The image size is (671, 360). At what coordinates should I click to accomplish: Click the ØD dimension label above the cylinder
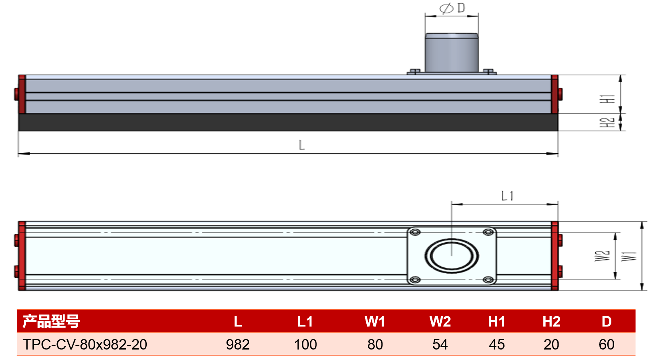click(x=452, y=8)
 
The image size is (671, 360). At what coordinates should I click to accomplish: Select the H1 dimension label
click(x=607, y=99)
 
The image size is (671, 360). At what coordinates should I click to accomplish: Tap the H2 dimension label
click(x=607, y=122)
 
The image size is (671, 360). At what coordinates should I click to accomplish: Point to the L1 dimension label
click(x=507, y=196)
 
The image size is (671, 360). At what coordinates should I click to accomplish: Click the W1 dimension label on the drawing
click(x=629, y=256)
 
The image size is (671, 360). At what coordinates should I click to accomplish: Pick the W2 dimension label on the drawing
click(x=602, y=256)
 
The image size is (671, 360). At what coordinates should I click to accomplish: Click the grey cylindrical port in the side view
click(x=451, y=52)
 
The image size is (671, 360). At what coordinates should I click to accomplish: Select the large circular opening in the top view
click(x=451, y=256)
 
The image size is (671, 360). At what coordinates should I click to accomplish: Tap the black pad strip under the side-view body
click(x=288, y=122)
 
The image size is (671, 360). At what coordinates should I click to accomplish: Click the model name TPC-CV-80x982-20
click(x=85, y=344)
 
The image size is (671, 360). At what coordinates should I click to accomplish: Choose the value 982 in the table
click(x=237, y=344)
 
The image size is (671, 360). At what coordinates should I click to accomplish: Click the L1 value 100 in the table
click(x=305, y=344)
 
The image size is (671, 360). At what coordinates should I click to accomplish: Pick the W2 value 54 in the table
click(x=440, y=344)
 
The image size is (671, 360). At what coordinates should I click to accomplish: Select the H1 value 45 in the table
click(x=496, y=344)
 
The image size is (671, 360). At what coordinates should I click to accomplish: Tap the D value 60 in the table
click(x=606, y=344)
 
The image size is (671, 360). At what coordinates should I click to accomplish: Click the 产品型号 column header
click(x=51, y=321)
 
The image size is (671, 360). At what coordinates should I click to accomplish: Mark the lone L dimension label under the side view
click(x=302, y=145)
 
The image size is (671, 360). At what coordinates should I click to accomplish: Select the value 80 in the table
click(x=375, y=344)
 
